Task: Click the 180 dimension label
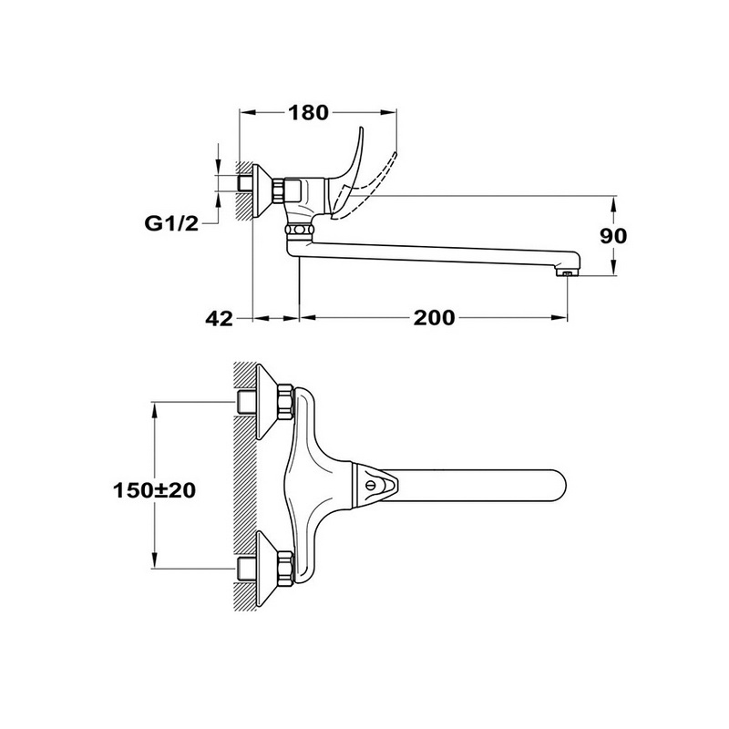309,112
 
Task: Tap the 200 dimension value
435,318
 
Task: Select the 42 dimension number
219,318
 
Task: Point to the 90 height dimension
613,236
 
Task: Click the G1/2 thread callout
171,224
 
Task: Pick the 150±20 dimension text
154,490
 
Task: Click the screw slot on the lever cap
371,486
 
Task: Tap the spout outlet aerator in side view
567,273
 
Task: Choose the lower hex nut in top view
285,568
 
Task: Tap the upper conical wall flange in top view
266,402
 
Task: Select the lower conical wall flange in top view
266,569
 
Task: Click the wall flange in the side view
262,190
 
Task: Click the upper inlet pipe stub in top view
245,402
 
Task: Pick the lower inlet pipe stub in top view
245,568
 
